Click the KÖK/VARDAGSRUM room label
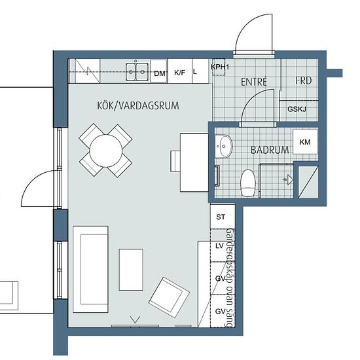(x=138, y=105)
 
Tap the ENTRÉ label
(x=254, y=82)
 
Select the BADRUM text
(x=270, y=150)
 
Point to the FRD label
(x=304, y=81)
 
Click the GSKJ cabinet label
(x=297, y=109)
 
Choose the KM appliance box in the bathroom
(x=305, y=141)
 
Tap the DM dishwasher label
(x=160, y=74)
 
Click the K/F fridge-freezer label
(x=179, y=73)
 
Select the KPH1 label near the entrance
(x=220, y=67)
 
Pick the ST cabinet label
(x=221, y=217)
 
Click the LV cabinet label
(x=219, y=246)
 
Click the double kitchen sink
(x=137, y=71)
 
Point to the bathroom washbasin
(x=224, y=146)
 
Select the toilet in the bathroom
(x=247, y=183)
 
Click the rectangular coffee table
(x=131, y=270)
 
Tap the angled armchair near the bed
(x=170, y=297)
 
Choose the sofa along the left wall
(x=90, y=269)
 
